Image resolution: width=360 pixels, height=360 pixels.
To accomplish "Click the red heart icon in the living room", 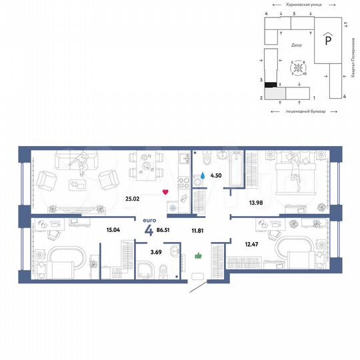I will pos(166,193).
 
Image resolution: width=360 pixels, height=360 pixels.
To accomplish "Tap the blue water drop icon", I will pos(202,176).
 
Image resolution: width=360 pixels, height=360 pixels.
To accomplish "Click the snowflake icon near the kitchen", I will pos(173,207).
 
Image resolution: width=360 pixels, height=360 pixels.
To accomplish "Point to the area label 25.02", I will pos(131,197).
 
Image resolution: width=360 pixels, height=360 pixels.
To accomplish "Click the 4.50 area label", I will pos(216,177).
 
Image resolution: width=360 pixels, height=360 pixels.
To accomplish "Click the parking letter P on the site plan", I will pos(327,40).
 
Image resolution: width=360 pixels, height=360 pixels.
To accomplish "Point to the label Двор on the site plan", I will pos(296,45).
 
